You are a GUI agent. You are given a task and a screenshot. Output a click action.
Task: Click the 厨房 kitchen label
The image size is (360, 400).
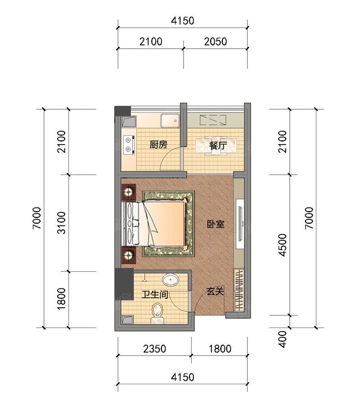click(158, 144)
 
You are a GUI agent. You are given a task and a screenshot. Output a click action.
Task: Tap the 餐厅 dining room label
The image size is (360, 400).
click(218, 146)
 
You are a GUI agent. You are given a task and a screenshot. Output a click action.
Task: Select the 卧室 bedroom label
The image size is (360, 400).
click(216, 224)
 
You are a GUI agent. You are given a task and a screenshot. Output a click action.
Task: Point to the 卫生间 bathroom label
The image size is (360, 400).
click(155, 295)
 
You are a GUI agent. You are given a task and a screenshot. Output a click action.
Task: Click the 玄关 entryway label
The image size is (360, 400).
click(215, 291)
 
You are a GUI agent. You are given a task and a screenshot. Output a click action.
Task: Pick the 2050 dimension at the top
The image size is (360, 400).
click(216, 41)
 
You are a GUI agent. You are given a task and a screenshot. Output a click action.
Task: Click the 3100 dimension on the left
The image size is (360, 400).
click(62, 223)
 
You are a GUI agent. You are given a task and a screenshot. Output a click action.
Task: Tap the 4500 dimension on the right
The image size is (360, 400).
click(283, 245)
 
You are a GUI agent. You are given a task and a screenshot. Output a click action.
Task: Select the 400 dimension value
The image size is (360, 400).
click(283, 339)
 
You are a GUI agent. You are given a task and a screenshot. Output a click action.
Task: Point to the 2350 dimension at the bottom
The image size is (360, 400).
click(155, 349)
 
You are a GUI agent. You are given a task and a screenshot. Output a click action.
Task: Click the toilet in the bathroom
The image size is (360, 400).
click(157, 314)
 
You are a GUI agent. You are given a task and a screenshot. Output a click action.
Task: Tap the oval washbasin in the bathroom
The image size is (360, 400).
click(171, 280)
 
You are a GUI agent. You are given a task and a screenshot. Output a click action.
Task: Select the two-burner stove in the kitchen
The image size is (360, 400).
click(128, 144)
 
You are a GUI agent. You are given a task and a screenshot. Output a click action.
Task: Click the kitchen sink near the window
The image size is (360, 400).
click(170, 121)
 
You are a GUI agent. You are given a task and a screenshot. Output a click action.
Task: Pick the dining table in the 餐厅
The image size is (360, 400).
click(216, 146)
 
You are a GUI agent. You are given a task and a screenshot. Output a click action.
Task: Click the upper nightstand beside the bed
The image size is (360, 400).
click(129, 192)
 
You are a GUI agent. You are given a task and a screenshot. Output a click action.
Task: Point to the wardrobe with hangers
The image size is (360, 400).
click(239, 290)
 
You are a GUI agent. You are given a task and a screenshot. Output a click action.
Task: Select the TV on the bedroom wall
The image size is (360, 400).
click(240, 224)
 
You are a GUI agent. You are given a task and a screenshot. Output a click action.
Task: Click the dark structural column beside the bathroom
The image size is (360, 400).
click(124, 283)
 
